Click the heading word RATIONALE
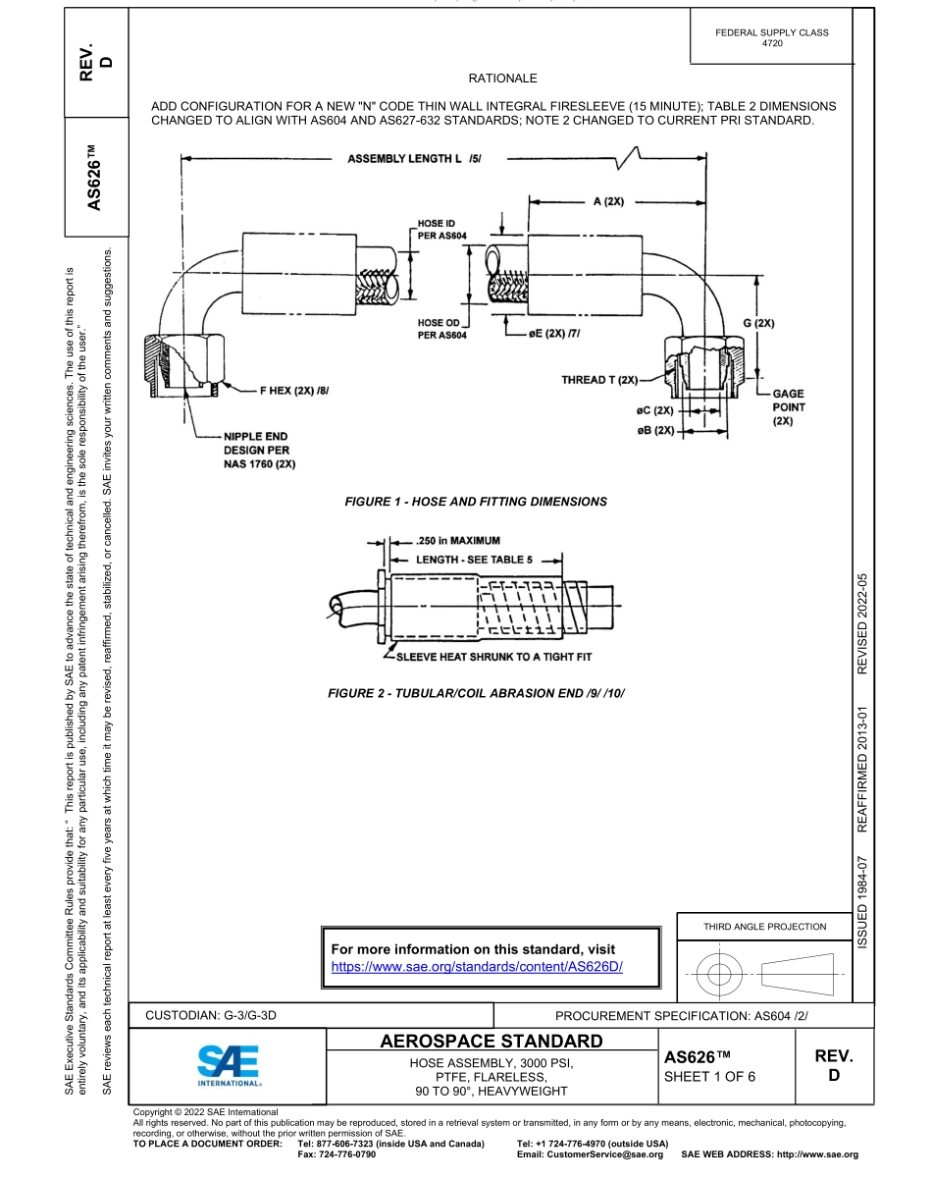503,78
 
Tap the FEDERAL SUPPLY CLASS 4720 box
772,38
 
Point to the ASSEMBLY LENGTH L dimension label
414,159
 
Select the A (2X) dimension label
608,202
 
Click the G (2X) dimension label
758,322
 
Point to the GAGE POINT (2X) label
788,406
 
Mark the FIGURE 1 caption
476,502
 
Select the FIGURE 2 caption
476,694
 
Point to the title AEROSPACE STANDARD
492,1041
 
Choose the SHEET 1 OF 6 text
710,1077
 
